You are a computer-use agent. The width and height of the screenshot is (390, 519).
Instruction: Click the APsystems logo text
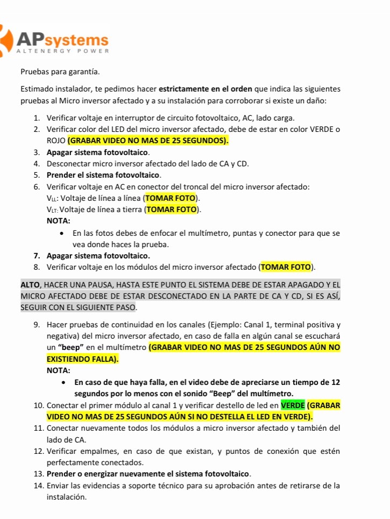pos(62,39)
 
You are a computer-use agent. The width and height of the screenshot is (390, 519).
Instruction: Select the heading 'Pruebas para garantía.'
pos(60,71)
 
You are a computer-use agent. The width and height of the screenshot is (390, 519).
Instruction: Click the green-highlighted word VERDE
pos(293,405)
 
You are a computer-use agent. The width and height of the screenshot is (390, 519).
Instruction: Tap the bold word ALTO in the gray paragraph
pos(30,284)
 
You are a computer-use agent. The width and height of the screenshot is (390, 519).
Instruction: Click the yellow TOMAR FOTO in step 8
pos(286,266)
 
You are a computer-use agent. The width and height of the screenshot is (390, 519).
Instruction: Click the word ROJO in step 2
pos(56,141)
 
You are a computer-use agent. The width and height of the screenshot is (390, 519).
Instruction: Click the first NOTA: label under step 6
pos(59,221)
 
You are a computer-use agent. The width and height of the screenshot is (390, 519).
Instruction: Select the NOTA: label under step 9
pos(59,370)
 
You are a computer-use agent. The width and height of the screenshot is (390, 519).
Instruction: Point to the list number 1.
pos(36,117)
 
